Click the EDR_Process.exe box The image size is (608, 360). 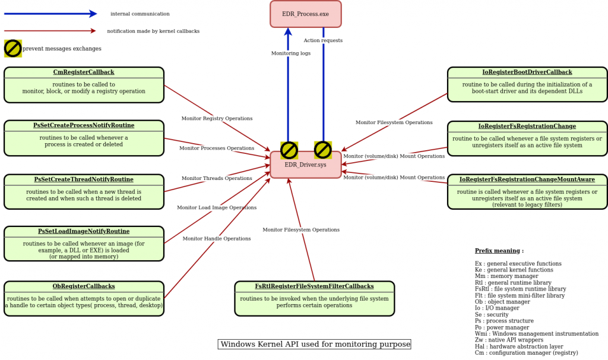click(305, 14)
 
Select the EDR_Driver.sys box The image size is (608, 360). click(305, 165)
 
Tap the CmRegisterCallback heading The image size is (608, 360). click(84, 72)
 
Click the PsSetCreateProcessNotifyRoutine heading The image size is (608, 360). click(84, 126)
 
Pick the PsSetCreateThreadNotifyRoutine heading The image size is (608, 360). click(84, 179)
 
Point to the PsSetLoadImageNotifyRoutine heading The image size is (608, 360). click(84, 232)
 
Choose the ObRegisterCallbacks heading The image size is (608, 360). click(84, 286)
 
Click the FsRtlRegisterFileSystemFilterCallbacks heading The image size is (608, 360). click(314, 286)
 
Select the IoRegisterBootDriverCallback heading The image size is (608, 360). click(527, 72)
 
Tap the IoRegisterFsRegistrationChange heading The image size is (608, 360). click(527, 127)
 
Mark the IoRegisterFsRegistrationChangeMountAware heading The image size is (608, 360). click(527, 179)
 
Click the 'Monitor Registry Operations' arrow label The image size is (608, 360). click(217, 119)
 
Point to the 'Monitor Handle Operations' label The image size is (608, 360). click(217, 239)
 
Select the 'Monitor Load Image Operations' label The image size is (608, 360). click(217, 208)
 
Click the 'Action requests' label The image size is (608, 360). click(323, 41)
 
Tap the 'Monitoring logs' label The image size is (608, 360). click(291, 53)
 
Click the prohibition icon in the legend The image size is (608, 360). click(13, 49)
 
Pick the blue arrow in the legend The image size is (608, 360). click(50, 14)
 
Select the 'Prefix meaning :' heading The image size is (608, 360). click(499, 251)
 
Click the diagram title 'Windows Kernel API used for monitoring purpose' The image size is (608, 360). click(314, 345)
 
